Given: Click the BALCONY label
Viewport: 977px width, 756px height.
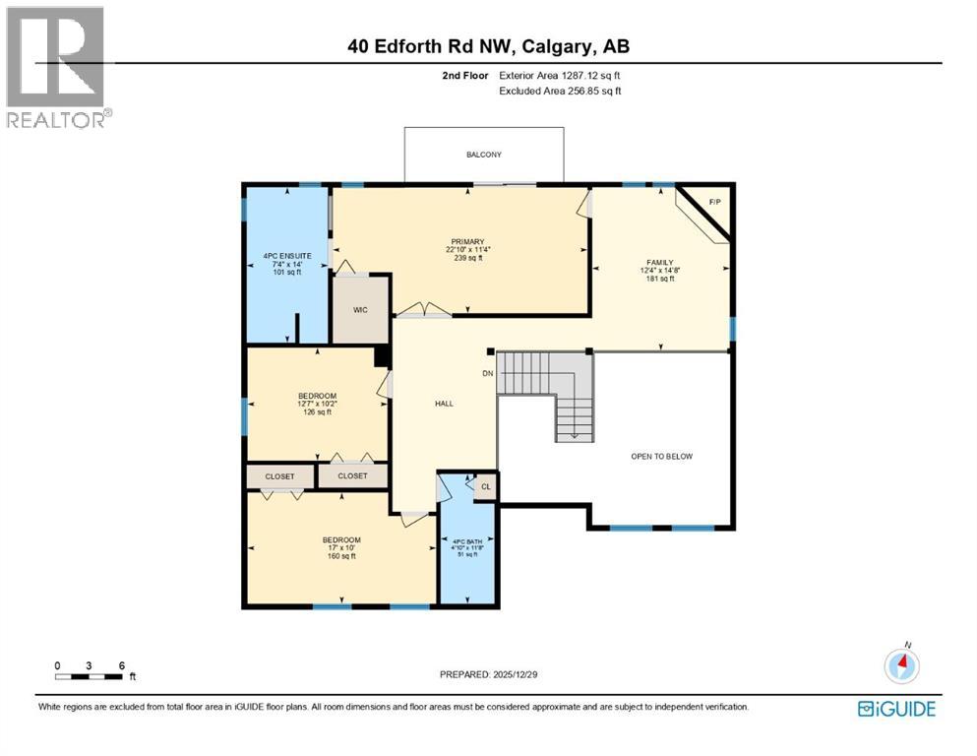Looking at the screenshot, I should pos(484,155).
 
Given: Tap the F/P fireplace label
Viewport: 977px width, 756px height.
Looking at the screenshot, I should pos(715,202).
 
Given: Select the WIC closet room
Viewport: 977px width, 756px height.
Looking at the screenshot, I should pos(360,310).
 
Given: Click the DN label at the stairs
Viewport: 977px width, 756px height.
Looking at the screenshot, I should pos(487,374).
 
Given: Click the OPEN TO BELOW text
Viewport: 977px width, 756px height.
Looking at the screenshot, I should pos(662,457).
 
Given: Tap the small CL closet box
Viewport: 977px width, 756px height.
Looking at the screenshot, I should pos(485,486).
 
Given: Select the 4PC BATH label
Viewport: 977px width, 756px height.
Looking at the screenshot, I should pos(465,540).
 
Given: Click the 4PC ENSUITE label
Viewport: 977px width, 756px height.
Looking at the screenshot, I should pos(287,256).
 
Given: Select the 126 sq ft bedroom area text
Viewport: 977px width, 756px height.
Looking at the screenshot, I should pos(317,412).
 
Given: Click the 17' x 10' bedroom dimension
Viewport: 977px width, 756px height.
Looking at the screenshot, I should pos(341,548).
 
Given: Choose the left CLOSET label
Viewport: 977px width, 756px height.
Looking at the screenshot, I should pos(279,476).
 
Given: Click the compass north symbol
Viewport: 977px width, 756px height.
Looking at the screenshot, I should pos(900,666).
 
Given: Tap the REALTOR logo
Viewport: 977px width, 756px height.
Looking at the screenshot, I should pos(57,67).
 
